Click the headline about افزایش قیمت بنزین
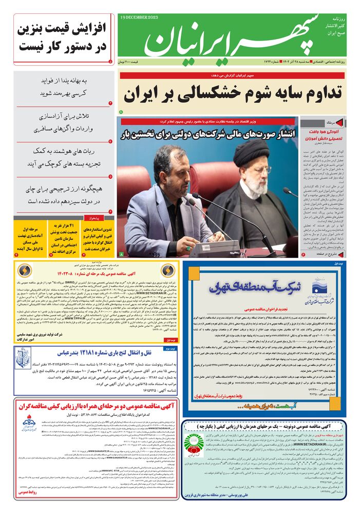[63, 39]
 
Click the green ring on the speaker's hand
[189, 247]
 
